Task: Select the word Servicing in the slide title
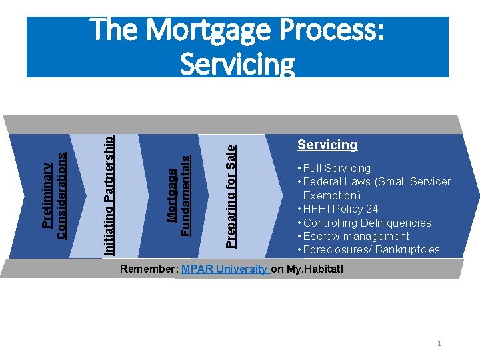(x=237, y=65)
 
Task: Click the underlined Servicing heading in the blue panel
(x=327, y=145)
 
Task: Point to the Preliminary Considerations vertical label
(x=53, y=195)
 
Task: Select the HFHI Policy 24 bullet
(x=340, y=209)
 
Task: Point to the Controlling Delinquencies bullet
(x=367, y=223)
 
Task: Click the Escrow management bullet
(x=356, y=236)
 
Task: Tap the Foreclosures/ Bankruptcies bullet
(x=371, y=250)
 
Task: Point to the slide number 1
(x=439, y=343)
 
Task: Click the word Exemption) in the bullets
(x=332, y=195)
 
